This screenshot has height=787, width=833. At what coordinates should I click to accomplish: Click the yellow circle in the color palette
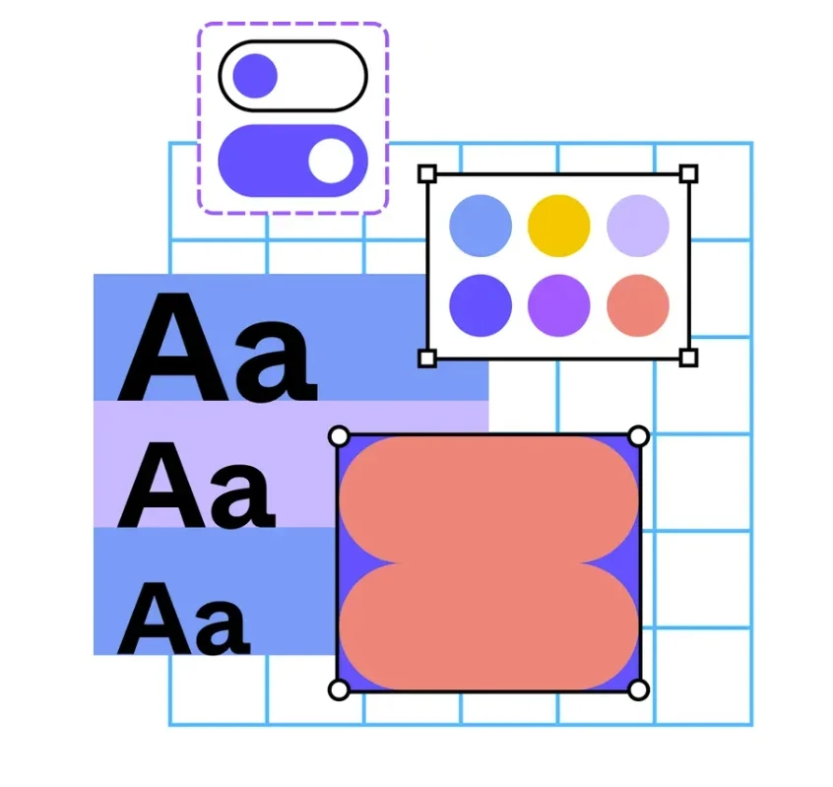point(559,226)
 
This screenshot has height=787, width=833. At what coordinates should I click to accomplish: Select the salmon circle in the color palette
point(638,305)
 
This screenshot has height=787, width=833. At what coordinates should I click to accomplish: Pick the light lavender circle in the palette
point(638,226)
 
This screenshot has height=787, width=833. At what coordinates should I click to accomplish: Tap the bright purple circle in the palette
point(559,305)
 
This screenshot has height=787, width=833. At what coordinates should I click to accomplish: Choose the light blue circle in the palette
point(481,226)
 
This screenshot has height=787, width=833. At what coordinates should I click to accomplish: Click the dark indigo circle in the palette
point(481,305)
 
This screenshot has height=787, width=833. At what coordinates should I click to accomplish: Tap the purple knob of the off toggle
point(255,76)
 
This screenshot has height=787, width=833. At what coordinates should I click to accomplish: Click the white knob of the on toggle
point(331,161)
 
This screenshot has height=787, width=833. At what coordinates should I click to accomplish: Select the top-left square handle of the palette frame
point(427,173)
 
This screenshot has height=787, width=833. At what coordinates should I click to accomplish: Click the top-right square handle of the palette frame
point(688,173)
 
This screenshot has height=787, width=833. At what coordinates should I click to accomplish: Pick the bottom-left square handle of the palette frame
point(427,359)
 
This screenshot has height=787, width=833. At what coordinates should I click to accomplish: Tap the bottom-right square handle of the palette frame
point(688,359)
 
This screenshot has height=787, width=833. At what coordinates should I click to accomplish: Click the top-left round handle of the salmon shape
point(339,436)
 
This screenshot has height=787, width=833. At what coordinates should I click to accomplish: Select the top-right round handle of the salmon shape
point(639,436)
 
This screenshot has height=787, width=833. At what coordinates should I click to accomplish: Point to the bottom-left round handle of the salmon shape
point(339,689)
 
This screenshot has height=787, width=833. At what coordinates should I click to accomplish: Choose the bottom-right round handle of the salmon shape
point(639,689)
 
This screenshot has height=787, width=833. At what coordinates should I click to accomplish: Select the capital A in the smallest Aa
point(154,619)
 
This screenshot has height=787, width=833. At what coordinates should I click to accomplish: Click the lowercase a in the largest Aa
point(275,361)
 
